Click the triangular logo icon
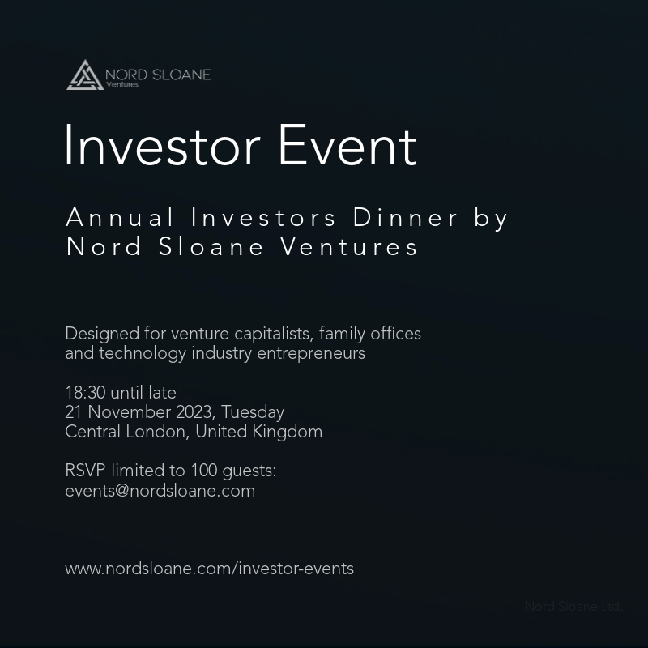(84, 75)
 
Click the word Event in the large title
(347, 147)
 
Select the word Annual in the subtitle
(120, 218)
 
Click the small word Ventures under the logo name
(122, 84)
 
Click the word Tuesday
(253, 412)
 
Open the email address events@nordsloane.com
(160, 491)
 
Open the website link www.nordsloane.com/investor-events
(209, 569)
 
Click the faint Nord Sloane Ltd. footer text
(572, 606)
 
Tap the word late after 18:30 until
(162, 393)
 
